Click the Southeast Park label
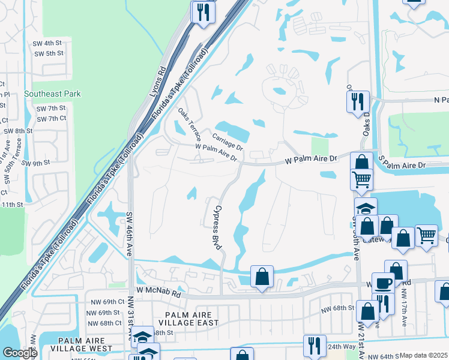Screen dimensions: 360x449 [52, 94]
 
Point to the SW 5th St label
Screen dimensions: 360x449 [49, 53]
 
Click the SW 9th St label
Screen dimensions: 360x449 [35, 163]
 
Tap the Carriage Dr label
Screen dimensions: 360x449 [228, 142]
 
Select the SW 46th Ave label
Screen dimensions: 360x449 [129, 234]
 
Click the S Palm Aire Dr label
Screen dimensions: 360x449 [402, 164]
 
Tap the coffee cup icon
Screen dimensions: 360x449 [382, 283]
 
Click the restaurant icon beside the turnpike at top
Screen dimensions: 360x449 [203, 11]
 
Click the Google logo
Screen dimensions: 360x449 [20, 353]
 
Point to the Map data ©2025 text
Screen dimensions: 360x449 [423, 355]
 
